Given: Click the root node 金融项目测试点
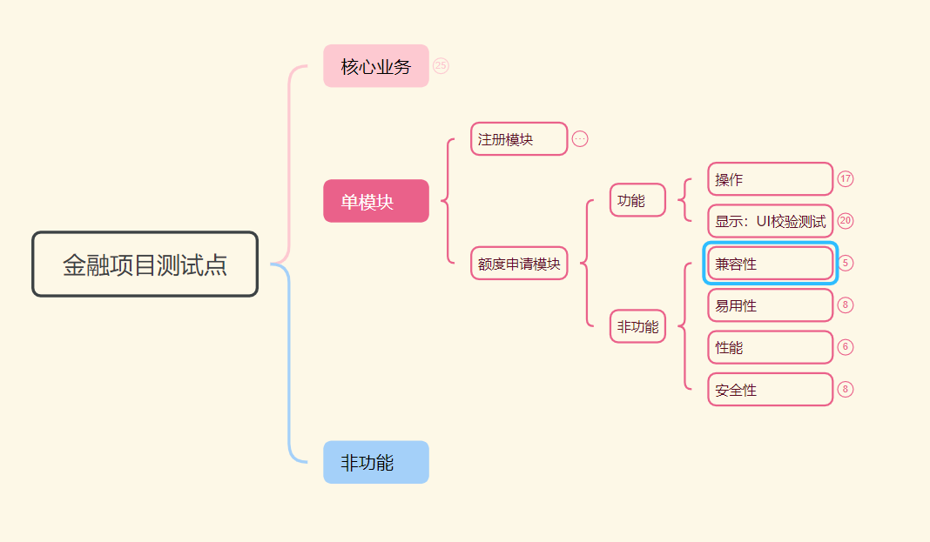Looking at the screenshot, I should pos(145,264).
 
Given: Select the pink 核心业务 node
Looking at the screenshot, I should pos(376,66).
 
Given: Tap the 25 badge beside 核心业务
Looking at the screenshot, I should pos(441,66).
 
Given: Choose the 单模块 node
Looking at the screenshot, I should pos(376,201).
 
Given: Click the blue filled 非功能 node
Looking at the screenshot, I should pos(376,462).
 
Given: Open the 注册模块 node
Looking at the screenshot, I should pos(519,139).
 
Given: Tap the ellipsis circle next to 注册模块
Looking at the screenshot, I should pos(580,139).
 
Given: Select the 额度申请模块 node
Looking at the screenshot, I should pos(519,264).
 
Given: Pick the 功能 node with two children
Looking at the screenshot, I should pos(637,200).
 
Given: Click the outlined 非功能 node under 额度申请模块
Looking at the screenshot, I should pos(637,327).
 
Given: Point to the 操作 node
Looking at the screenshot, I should pos(771,179).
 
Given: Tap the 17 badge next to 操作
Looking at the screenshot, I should pos(846,179).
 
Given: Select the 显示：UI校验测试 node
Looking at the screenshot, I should pos(771,221).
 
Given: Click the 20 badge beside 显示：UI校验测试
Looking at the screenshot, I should pos(846,221).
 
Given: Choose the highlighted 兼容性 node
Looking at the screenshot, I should pos(771,264).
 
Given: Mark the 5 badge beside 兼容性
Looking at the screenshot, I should pos(846,263).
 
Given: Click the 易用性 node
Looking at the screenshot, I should pos(771,305).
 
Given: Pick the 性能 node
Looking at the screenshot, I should pos(771,347).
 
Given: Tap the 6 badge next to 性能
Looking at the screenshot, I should pos(846,347).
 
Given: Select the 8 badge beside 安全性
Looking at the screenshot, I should pos(846,389).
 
